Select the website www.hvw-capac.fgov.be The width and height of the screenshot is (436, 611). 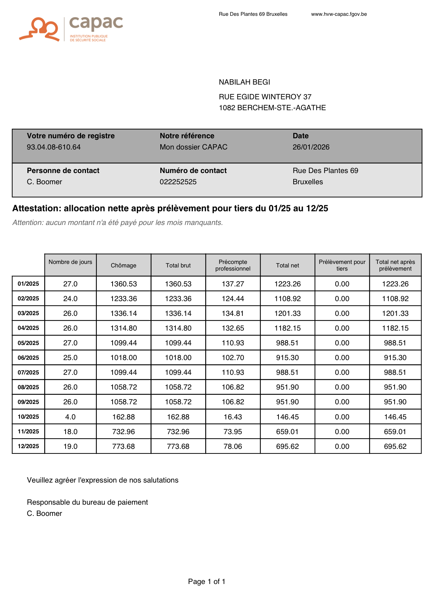339,14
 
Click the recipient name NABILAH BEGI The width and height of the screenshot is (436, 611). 244,82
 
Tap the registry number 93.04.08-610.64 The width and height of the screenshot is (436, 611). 54,147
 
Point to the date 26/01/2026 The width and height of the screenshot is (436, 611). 311,147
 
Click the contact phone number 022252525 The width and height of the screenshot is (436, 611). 178,182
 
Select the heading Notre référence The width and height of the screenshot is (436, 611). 187,136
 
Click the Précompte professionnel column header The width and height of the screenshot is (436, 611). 233,265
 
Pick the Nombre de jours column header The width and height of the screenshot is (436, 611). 71,262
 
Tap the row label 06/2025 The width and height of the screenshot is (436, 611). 28,358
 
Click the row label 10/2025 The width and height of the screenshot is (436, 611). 28,417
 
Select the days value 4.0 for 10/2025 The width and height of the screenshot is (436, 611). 71,417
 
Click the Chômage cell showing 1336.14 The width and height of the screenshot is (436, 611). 123,313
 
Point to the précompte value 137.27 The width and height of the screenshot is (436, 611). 233,284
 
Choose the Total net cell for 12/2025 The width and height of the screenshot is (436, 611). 288,446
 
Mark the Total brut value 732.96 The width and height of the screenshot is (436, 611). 178,432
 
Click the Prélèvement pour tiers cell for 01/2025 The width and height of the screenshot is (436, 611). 342,284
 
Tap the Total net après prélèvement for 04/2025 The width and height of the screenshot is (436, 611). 395,328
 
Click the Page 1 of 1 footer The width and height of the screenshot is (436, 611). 207,582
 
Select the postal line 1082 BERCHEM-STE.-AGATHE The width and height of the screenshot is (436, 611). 272,108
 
